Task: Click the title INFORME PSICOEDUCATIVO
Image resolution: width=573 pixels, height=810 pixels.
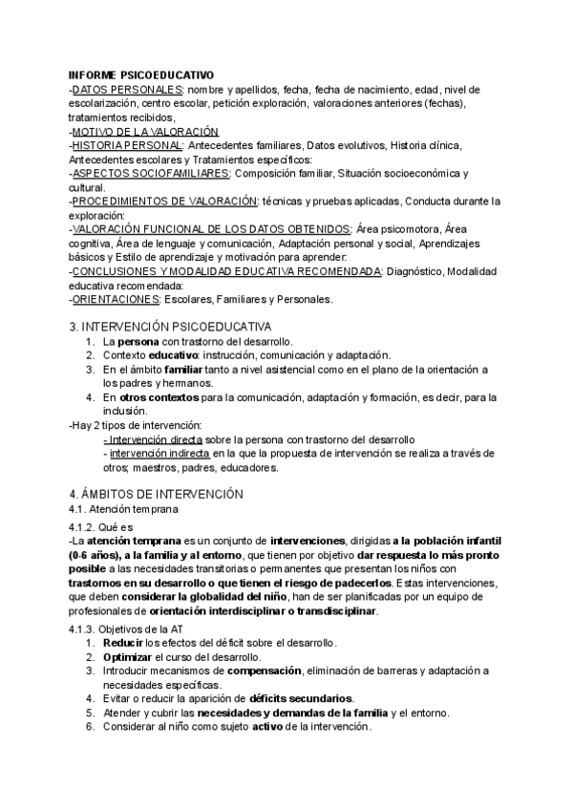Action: (x=141, y=75)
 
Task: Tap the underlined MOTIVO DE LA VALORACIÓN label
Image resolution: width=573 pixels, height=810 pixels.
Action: (x=145, y=131)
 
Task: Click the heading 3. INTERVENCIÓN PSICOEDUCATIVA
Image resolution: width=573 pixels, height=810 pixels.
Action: (x=171, y=327)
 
